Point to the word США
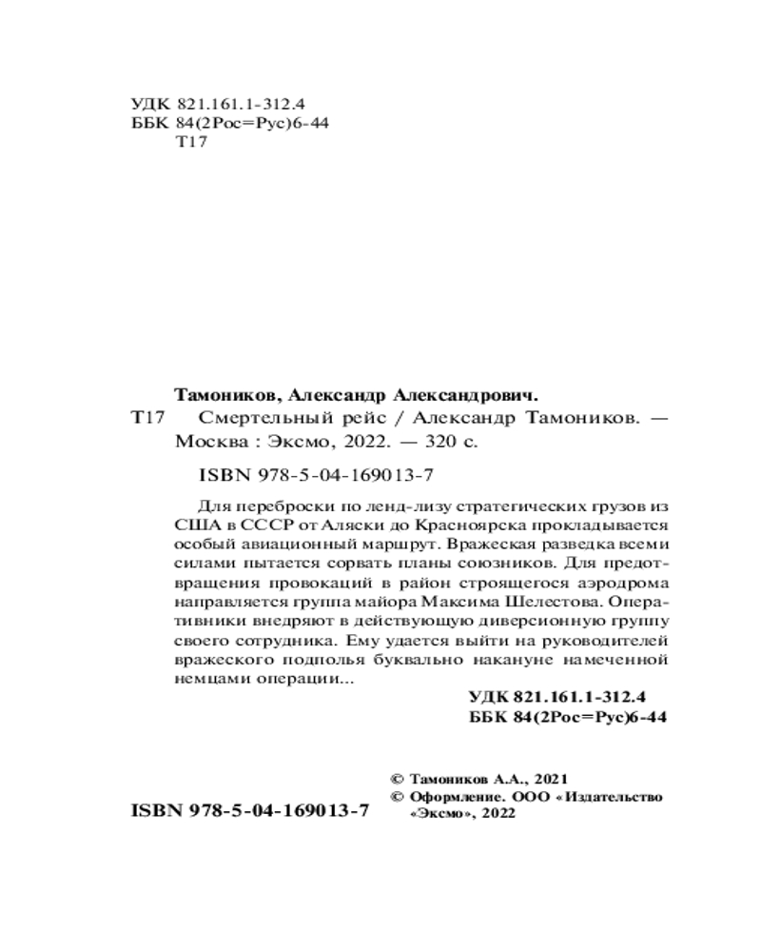click(x=195, y=526)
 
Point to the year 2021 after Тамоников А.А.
click(x=552, y=777)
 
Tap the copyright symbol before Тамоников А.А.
click(x=398, y=777)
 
